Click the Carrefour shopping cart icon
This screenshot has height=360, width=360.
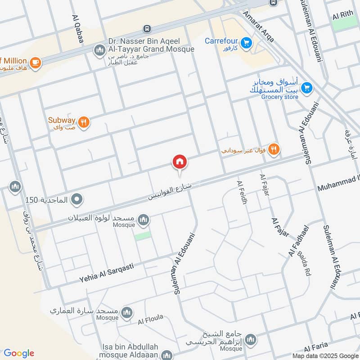coord(246,43)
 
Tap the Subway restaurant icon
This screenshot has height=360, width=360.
coord(83,122)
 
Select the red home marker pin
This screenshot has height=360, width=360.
coord(180,162)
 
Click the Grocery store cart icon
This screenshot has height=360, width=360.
coord(307,88)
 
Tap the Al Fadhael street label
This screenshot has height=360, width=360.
coord(300,241)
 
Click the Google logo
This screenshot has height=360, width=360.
coord(19,353)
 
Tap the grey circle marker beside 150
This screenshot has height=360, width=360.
coord(77,198)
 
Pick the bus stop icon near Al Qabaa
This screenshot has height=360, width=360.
coord(147,29)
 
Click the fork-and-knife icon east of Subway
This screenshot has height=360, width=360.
coord(273,149)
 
